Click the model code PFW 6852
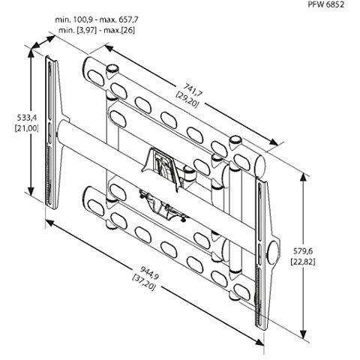tap(325, 4)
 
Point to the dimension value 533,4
tap(26, 117)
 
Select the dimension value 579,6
tap(303, 250)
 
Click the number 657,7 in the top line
tap(126, 19)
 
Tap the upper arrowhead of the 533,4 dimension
tap(31, 52)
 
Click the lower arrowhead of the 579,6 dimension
tap(303, 334)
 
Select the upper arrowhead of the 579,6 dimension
tap(303, 178)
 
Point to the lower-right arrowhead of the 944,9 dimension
tap(259, 341)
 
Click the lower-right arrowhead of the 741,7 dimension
tap(274, 142)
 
